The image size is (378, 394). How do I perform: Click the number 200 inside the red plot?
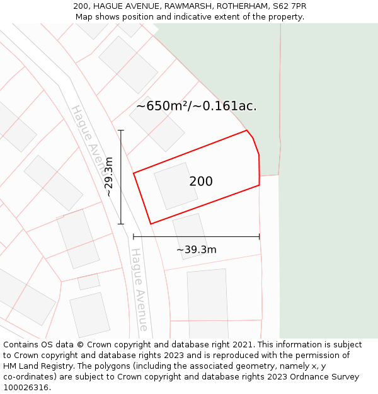(x=201, y=182)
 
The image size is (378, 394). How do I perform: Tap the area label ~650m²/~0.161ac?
(x=197, y=106)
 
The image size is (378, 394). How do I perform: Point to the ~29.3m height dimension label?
(x=109, y=177)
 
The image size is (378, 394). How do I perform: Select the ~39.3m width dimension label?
(x=196, y=250)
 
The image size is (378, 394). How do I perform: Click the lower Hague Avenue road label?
(x=139, y=289)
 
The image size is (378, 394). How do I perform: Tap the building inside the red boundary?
(x=176, y=186)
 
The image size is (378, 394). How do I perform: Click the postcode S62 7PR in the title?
(x=288, y=6)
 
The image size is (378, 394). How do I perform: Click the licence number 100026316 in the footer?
(x=26, y=387)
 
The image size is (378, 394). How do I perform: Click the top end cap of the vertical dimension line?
(x=121, y=130)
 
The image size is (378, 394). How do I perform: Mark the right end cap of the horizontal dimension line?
(x=260, y=236)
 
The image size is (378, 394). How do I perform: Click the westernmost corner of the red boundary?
(x=134, y=173)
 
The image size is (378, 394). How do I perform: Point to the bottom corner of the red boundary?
(x=151, y=223)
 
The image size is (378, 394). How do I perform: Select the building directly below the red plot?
(x=190, y=235)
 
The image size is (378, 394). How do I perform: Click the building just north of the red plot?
(x=157, y=124)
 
